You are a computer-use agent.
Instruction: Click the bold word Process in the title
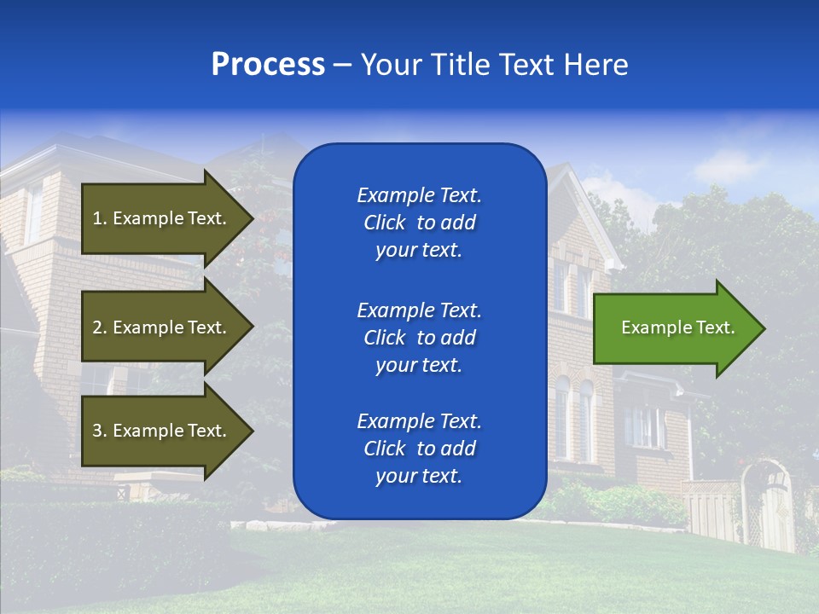[268, 64]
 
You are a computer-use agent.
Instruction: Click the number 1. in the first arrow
[100, 218]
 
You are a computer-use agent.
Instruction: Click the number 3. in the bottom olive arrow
[100, 431]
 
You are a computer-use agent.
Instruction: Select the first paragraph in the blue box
[419, 223]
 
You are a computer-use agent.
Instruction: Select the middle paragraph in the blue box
[419, 337]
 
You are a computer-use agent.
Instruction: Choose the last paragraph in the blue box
[419, 449]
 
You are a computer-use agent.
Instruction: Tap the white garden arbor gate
[768, 503]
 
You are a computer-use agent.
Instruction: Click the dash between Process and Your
[342, 65]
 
